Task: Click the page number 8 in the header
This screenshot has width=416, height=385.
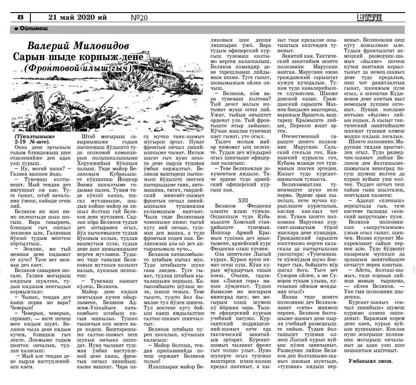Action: [20, 17]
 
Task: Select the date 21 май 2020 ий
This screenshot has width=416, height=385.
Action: [78, 17]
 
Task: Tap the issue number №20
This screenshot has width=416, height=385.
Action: [139, 18]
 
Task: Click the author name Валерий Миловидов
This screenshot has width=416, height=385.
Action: [78, 46]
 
